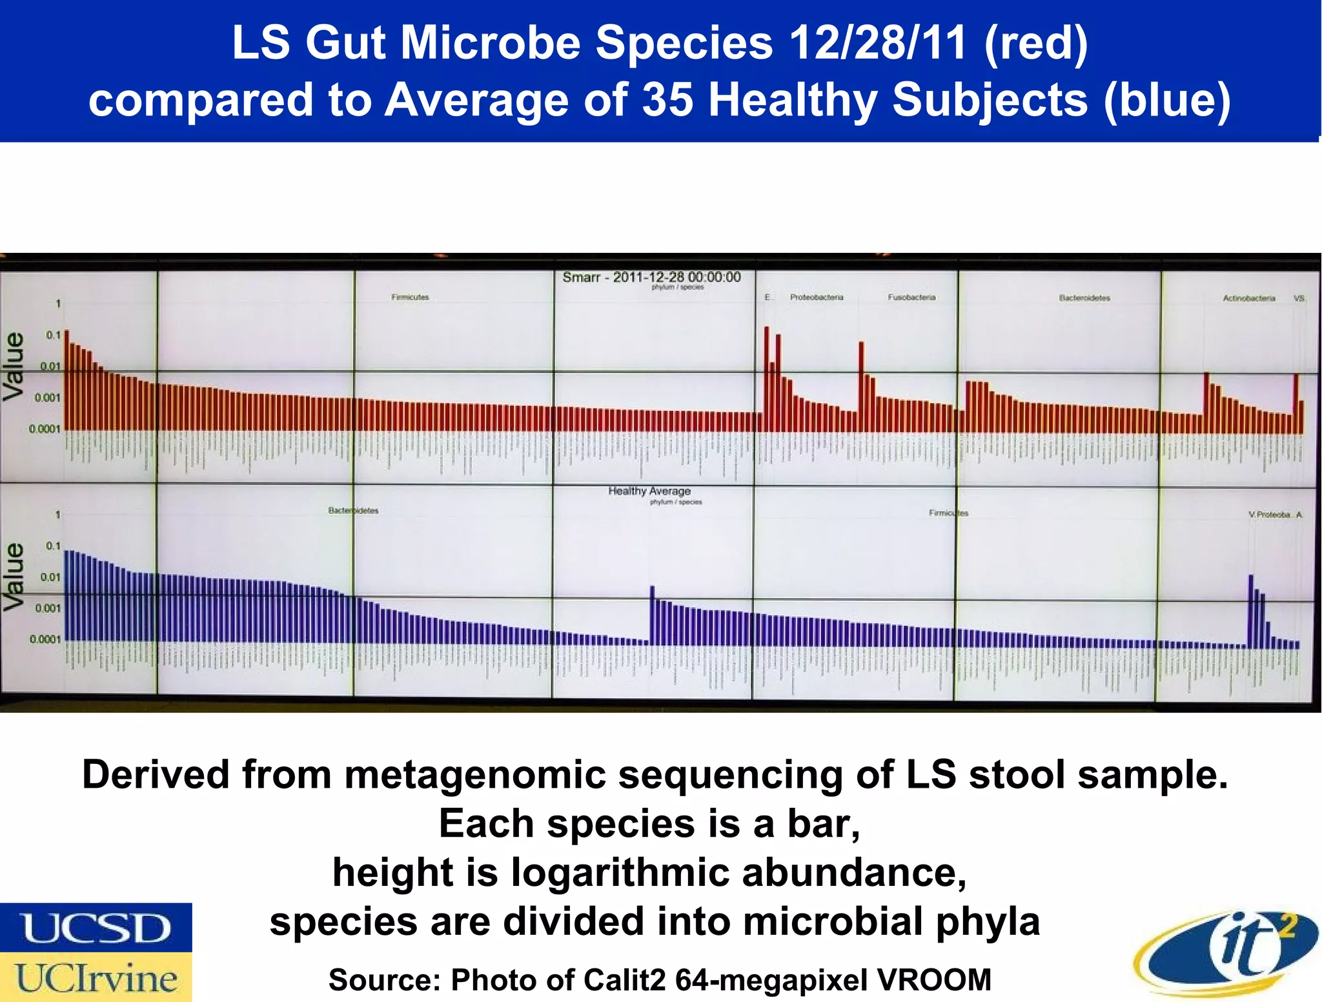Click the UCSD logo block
96,927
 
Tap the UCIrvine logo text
96,977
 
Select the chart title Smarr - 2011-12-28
651,277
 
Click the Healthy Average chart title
649,491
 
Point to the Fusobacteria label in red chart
911,297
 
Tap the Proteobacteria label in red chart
816,297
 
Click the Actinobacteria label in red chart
1248,298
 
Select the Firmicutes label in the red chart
410,297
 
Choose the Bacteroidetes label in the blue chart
353,510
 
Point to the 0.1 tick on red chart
53,335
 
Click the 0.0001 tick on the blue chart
45,639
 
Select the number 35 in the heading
667,100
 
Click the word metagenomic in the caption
474,774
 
